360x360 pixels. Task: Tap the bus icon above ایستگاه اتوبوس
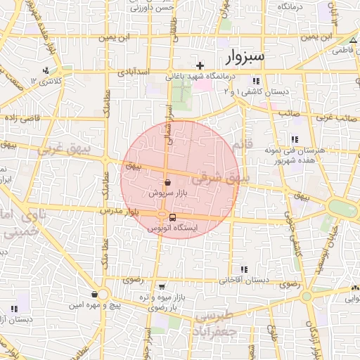(173, 217)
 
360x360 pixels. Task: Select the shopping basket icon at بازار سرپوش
(167, 181)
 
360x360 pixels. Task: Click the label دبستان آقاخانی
(244, 280)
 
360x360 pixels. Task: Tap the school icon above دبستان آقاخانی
(244, 269)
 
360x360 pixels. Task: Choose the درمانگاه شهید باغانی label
(193, 78)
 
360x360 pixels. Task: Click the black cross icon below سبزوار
(200, 65)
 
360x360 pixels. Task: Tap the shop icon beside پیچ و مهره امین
(94, 295)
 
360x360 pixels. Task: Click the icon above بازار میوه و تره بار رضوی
(163, 287)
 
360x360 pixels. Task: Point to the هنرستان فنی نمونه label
(288, 150)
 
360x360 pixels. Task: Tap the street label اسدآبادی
(132, 72)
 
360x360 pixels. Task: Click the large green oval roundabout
(342, 209)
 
